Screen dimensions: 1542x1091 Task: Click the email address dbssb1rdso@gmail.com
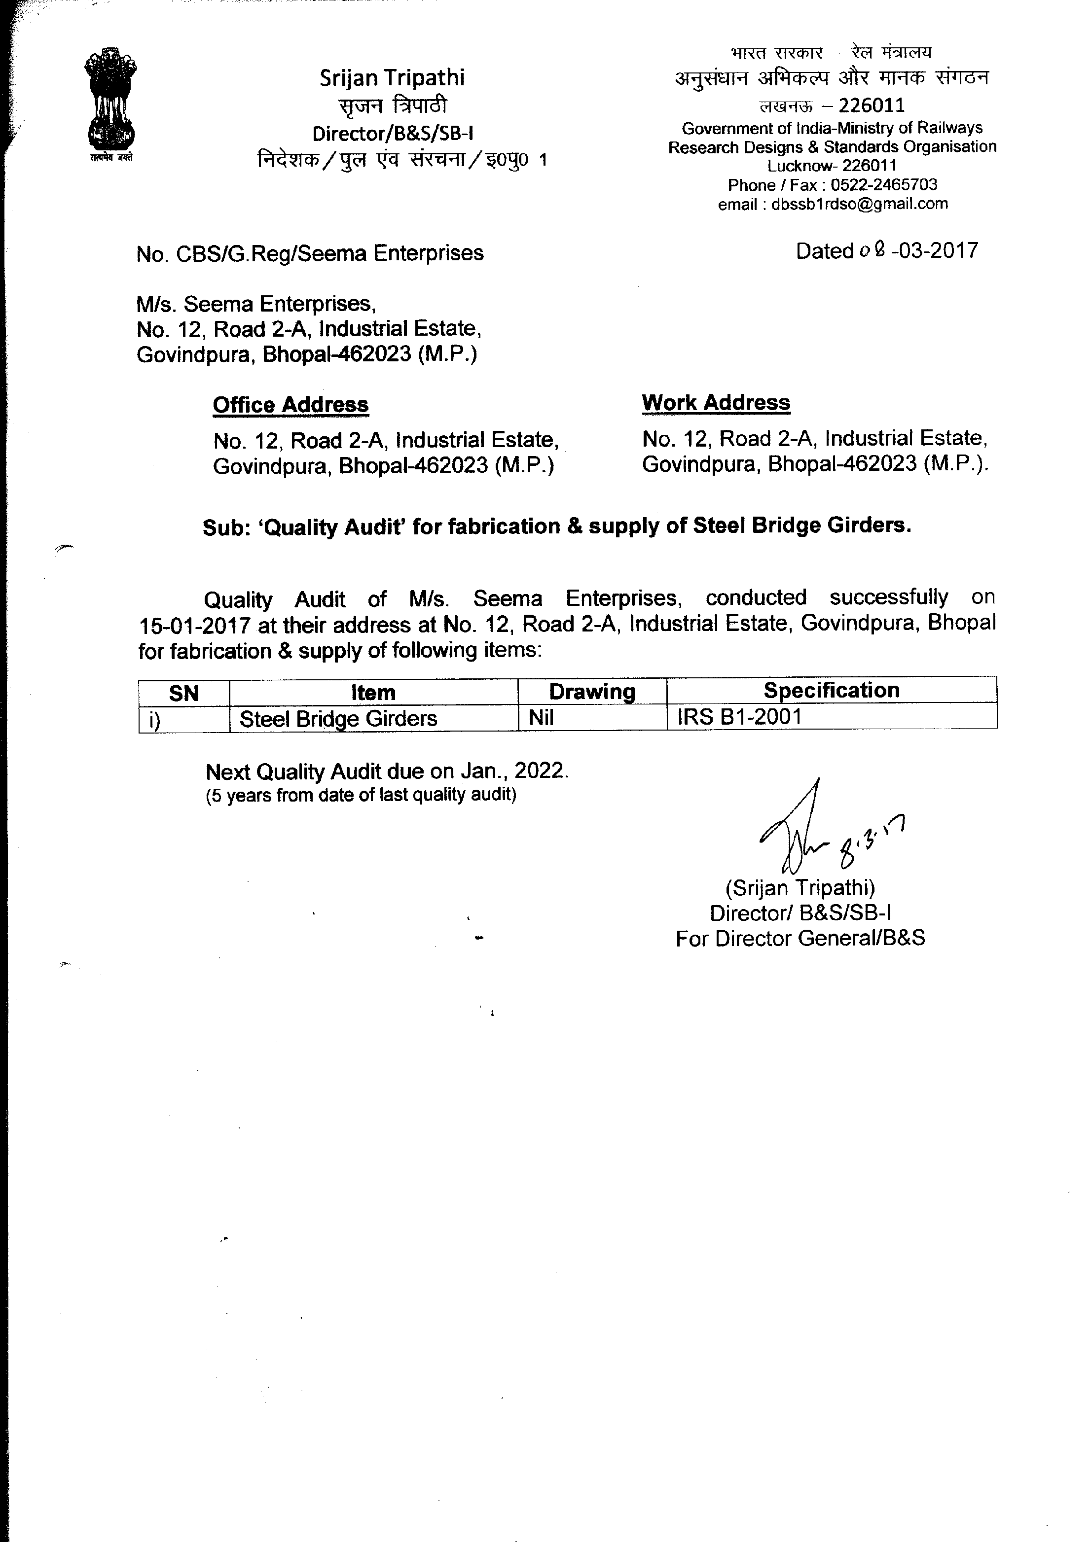(x=859, y=204)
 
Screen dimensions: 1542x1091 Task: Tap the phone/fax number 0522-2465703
(x=883, y=185)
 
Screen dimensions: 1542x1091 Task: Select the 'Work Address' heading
(x=716, y=403)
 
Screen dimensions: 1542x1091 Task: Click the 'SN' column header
(x=183, y=693)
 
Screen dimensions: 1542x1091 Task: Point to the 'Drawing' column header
(x=591, y=692)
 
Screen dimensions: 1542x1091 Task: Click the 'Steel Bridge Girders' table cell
(x=338, y=719)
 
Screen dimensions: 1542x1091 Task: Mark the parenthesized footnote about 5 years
(x=361, y=795)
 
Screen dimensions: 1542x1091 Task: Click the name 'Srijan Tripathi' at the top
(x=392, y=78)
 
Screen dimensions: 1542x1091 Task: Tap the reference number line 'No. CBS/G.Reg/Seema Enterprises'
(x=310, y=254)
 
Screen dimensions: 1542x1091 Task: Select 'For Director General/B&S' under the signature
(x=800, y=938)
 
